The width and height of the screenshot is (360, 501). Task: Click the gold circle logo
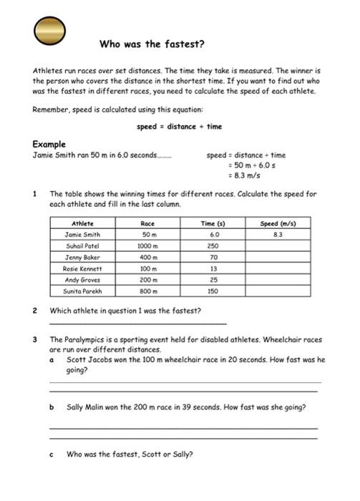pos(50,31)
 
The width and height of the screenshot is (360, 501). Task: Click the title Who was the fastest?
pos(152,44)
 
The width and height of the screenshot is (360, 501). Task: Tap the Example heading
pos(49,144)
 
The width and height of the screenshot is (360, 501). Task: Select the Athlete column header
pos(83,223)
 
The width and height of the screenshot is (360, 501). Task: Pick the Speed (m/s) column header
pos(278,223)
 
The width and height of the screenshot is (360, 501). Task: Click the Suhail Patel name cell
pos(83,245)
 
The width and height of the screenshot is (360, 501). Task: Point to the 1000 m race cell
pos(149,245)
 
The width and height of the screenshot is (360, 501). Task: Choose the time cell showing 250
pos(213,245)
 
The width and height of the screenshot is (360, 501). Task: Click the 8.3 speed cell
pos(278,234)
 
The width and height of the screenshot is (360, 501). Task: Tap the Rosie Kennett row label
pos(83,268)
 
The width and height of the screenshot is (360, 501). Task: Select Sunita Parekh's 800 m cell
pos(149,291)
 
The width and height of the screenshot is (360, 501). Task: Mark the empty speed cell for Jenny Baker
pos(278,257)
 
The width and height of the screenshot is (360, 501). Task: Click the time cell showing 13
pos(213,268)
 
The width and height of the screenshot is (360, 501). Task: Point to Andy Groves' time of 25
pos(213,280)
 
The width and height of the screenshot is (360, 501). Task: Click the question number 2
pos(35,311)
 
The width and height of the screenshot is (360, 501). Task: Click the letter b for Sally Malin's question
pos(52,407)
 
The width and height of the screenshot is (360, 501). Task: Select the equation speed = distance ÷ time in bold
pos(180,127)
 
